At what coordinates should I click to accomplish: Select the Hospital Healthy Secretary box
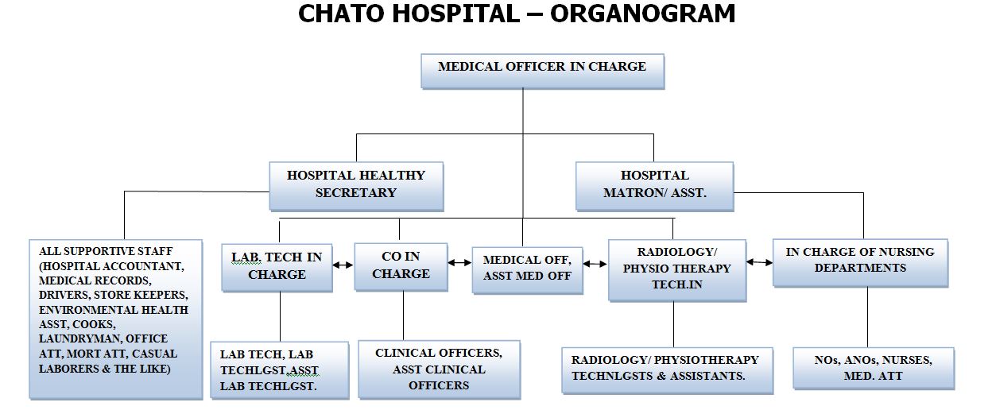pos(355,184)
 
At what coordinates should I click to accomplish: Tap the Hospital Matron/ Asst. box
pos(654,184)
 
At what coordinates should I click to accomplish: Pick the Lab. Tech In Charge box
pos(277,266)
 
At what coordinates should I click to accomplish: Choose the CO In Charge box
pos(401,265)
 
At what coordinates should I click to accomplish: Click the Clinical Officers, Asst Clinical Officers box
pos(440,369)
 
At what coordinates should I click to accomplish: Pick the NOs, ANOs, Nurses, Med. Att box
pos(873,368)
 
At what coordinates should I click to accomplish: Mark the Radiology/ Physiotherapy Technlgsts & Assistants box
pos(666,369)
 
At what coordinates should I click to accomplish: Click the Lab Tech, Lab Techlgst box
pos(278,369)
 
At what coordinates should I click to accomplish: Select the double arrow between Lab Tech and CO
pos(343,265)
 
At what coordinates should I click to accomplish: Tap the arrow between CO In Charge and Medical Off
pos(459,261)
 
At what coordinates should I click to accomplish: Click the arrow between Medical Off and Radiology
pos(595,263)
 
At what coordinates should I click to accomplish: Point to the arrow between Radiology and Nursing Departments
pos(759,261)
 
